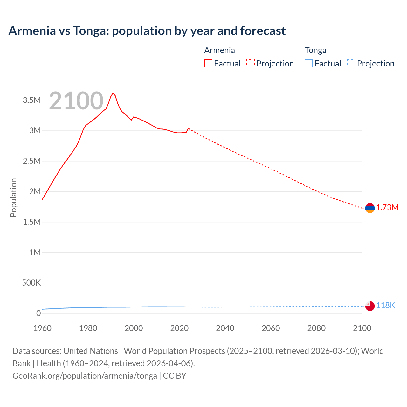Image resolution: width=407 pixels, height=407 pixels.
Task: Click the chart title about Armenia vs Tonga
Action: (x=147, y=31)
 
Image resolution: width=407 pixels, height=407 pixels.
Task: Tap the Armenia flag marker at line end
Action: (x=370, y=208)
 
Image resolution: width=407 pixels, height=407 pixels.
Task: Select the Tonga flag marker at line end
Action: (x=370, y=306)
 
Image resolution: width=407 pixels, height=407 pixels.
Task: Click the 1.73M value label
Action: (x=387, y=208)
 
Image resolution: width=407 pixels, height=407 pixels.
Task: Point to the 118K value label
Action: (x=385, y=306)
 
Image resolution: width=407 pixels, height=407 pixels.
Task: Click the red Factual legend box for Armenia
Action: (x=208, y=64)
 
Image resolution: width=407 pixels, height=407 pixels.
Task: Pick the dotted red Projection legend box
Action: (x=251, y=64)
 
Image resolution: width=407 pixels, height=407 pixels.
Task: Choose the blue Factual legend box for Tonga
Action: (x=309, y=64)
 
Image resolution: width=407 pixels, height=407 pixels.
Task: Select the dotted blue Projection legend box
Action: (x=351, y=64)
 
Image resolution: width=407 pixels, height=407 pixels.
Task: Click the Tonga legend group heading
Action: (x=315, y=50)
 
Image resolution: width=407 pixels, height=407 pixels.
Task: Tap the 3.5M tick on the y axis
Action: (x=32, y=100)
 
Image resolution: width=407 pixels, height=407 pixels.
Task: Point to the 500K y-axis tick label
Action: (x=31, y=283)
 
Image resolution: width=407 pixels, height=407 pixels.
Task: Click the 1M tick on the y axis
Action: (x=35, y=252)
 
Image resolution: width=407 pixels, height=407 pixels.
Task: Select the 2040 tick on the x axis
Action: (x=225, y=328)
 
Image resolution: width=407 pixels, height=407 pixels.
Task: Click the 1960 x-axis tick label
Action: (x=42, y=328)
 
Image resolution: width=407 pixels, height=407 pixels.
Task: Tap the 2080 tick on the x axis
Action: (x=316, y=328)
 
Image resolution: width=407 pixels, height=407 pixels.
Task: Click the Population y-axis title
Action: (x=13, y=197)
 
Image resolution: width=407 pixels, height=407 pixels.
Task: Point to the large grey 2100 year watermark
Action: (x=76, y=101)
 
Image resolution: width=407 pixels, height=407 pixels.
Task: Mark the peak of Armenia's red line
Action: (x=113, y=93)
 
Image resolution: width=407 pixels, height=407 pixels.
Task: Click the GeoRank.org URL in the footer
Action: (x=85, y=376)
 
